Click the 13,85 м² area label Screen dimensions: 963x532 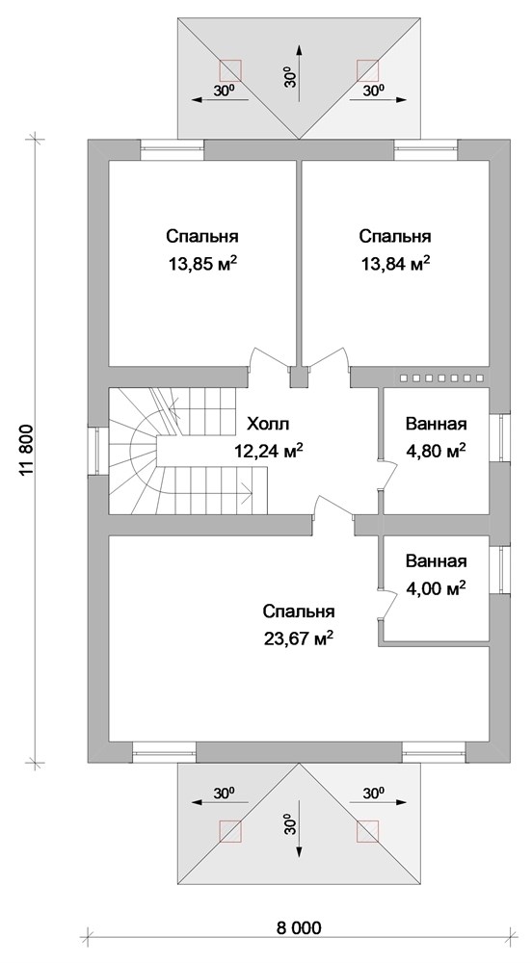[201, 263]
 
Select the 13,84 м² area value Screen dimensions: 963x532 [394, 263]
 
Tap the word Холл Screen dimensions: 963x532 [267, 424]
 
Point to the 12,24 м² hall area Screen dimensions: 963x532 [268, 450]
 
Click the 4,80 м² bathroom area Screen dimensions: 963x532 [436, 450]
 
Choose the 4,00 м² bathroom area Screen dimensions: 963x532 [436, 586]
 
